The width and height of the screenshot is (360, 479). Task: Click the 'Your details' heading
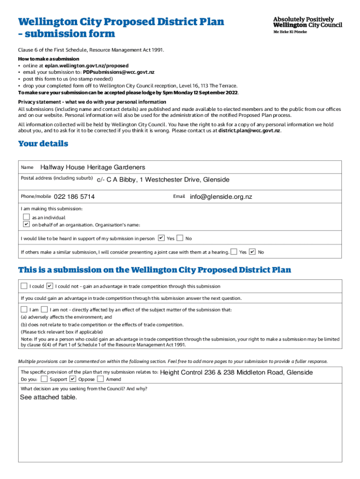(43, 144)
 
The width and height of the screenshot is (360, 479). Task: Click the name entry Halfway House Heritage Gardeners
(93, 167)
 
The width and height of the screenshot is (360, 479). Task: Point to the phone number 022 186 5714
(74, 196)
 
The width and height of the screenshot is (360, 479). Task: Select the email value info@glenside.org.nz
(221, 196)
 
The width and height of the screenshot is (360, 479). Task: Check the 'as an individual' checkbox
(27, 217)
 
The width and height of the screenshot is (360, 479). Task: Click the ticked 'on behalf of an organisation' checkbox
(27, 224)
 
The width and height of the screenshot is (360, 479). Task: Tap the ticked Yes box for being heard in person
(161, 238)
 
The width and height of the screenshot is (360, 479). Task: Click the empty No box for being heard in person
(180, 238)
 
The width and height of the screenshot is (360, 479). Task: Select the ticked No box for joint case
(252, 252)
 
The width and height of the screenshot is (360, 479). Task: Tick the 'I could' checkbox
(24, 286)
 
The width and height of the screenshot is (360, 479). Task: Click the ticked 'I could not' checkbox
(50, 286)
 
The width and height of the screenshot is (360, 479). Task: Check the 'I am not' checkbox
(44, 309)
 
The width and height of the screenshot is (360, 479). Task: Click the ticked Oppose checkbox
(72, 379)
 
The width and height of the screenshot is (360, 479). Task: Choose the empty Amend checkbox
(101, 379)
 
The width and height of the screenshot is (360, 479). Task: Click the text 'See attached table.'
(48, 397)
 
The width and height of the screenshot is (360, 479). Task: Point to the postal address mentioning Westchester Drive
(163, 180)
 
